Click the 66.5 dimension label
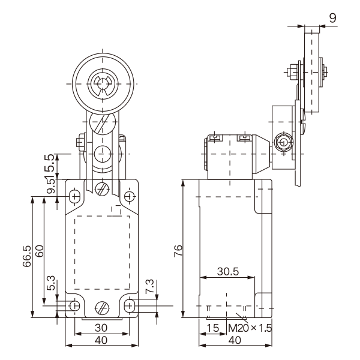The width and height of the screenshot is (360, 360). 27,256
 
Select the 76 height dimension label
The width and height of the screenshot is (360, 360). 178,251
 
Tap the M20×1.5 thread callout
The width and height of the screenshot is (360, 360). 250,328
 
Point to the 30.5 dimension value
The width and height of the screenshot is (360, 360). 228,271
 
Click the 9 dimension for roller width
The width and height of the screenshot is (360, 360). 332,18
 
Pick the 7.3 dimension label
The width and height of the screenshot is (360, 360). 149,286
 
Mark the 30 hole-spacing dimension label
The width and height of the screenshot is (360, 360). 101,328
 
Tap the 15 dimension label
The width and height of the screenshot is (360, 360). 213,328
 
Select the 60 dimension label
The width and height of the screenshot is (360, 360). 39,251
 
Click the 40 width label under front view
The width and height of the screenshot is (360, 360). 101,340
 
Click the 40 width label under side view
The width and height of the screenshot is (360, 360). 235,340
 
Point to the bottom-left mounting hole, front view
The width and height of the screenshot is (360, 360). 74,306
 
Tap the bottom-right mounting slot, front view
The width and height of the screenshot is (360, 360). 130,306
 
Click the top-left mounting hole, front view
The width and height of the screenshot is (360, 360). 74,197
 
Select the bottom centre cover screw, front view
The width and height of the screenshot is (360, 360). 102,308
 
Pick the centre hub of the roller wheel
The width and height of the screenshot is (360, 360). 103,84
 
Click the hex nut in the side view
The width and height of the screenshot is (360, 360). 284,143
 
